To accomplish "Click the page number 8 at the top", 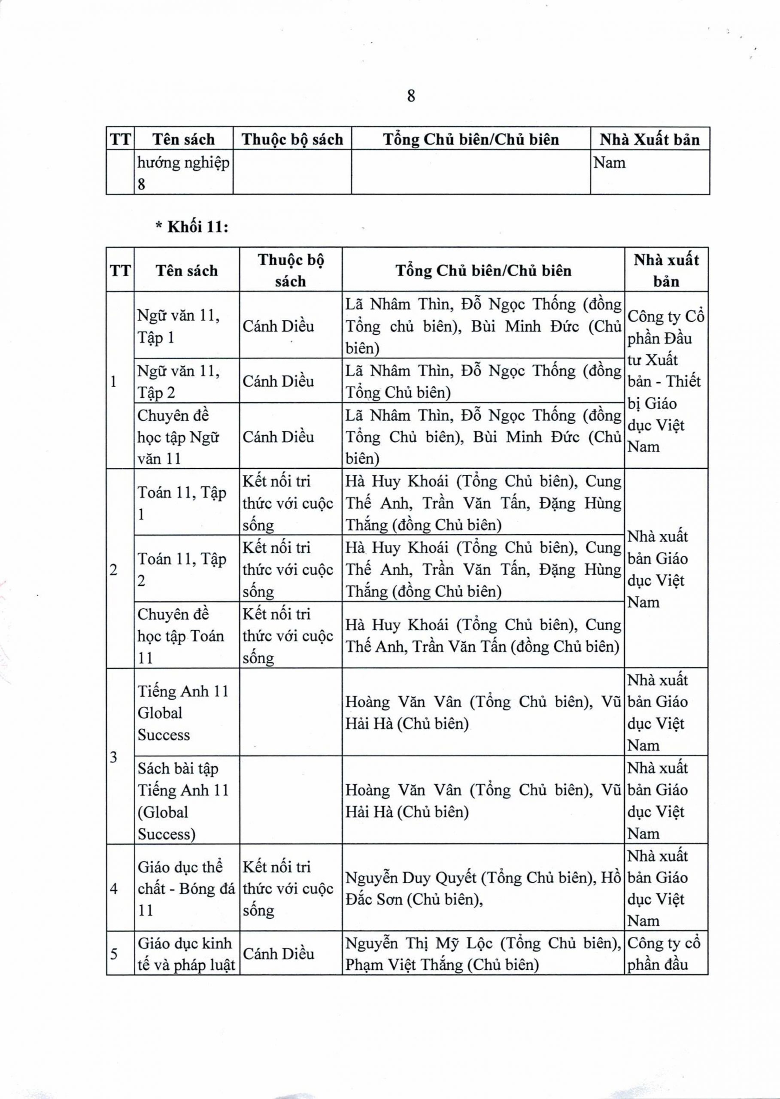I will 411,96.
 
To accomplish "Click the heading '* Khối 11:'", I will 191,227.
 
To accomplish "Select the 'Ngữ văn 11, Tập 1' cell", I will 186,327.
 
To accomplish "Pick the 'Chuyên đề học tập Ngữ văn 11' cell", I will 186,437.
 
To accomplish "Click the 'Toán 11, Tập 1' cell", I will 186,503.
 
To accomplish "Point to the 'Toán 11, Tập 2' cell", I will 186,569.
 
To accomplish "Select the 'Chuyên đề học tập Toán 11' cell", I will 186,635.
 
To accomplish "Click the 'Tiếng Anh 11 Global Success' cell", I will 186,713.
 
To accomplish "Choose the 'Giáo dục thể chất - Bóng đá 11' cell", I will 186,889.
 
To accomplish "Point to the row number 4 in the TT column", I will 114,889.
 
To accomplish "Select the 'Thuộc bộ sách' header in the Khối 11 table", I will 291,270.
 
